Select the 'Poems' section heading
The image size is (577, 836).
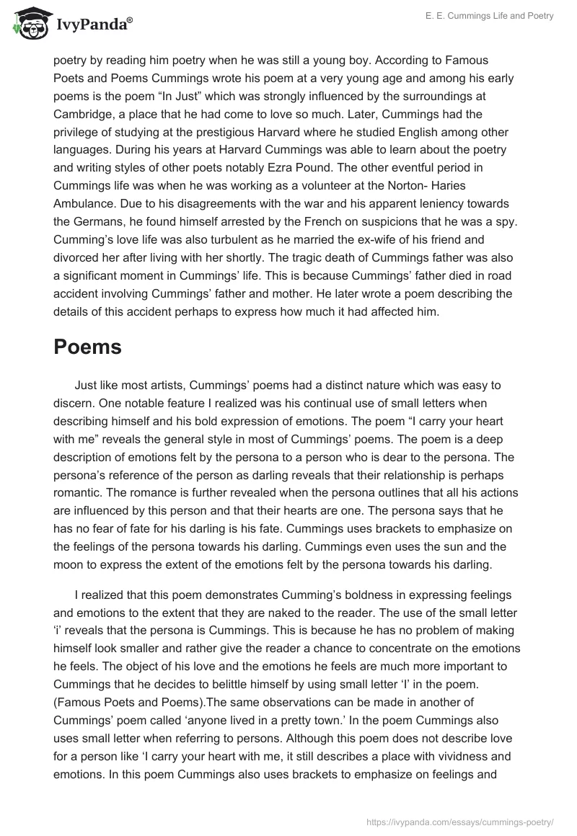tap(87, 347)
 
